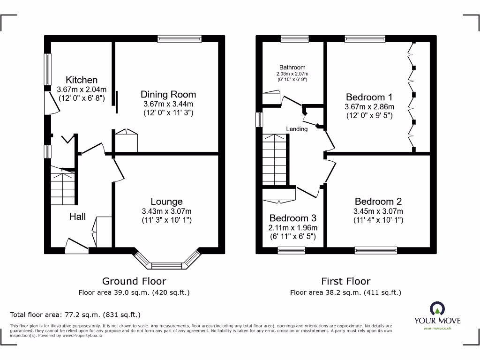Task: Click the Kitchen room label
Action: pos(82,80)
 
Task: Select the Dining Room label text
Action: pos(168,94)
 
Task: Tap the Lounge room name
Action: pos(166,202)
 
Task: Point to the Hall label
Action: pos(77,217)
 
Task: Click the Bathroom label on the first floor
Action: pos(292,67)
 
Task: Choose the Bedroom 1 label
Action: pos(369,97)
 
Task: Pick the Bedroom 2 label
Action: pos(378,202)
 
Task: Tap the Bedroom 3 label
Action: pos(293,218)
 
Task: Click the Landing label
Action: pos(297,129)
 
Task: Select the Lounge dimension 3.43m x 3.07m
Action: pos(166,211)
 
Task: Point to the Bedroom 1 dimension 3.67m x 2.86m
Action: pos(369,106)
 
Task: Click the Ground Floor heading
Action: pos(134,281)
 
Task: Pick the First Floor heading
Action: pos(345,281)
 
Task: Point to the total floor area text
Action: pos(75,315)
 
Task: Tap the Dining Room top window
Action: pos(180,39)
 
